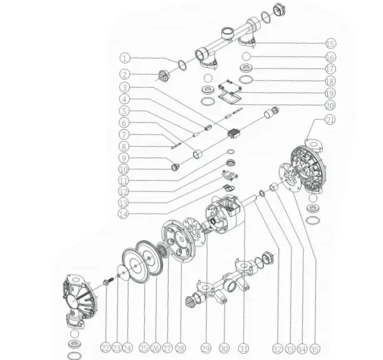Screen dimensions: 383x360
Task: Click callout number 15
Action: pyautogui.click(x=331, y=43)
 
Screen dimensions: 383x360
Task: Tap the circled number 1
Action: pyautogui.click(x=125, y=58)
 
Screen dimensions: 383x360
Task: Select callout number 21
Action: pyautogui.click(x=330, y=120)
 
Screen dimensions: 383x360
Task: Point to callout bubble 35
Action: pyautogui.click(x=315, y=349)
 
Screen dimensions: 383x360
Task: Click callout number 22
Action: pyautogui.click(x=105, y=348)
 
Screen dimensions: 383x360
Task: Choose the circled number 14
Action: pyautogui.click(x=123, y=214)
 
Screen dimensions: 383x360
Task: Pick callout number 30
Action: pyautogui.click(x=224, y=349)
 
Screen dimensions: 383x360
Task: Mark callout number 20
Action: pyautogui.click(x=330, y=105)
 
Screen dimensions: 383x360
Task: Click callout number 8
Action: pyautogui.click(x=124, y=146)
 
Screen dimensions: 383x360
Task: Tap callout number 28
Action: pyautogui.click(x=181, y=348)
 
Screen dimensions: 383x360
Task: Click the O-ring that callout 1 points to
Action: pyautogui.click(x=182, y=65)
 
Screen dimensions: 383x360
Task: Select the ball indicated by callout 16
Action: pyautogui.click(x=246, y=56)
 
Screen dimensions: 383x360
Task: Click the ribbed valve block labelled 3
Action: pyautogui.click(x=234, y=134)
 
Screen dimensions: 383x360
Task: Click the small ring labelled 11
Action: pyautogui.click(x=231, y=152)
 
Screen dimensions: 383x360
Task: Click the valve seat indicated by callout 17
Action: pyautogui.click(x=246, y=68)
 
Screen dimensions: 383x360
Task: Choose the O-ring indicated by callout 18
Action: pyautogui.click(x=246, y=80)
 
